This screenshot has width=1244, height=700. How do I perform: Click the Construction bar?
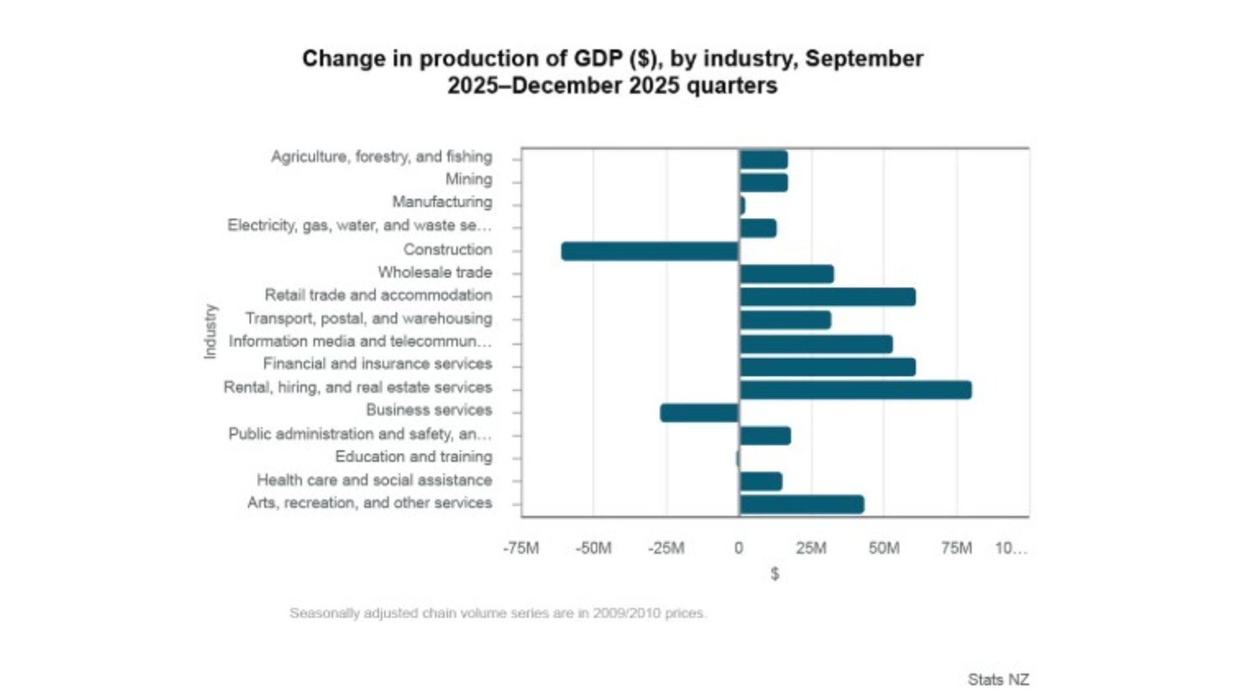(x=650, y=251)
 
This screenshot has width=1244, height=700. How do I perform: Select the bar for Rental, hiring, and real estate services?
(x=855, y=390)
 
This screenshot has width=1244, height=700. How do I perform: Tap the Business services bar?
(x=699, y=413)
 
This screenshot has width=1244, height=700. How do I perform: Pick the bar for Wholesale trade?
(x=787, y=274)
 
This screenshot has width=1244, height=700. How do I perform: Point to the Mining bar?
(x=764, y=182)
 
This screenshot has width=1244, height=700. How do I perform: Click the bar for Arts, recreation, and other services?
(x=801, y=504)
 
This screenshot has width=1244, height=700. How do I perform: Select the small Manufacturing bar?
(x=742, y=205)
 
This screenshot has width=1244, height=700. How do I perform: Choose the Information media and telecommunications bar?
(x=816, y=344)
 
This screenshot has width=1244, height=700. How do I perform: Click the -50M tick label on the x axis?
(x=593, y=548)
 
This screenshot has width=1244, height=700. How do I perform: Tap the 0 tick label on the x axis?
(x=739, y=548)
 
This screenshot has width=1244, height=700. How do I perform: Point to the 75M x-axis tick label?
(x=956, y=548)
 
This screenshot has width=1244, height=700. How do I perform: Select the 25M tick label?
(x=811, y=548)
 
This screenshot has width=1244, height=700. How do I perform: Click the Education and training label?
(x=413, y=457)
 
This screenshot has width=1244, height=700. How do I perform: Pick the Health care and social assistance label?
(x=374, y=480)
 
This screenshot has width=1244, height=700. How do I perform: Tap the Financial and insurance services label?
(x=377, y=364)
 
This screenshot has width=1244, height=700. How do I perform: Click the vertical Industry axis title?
(x=210, y=331)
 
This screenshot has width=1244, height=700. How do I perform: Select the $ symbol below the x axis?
(x=775, y=574)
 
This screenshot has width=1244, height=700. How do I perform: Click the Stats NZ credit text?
(x=998, y=679)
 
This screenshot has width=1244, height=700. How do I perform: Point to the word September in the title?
(x=864, y=58)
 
